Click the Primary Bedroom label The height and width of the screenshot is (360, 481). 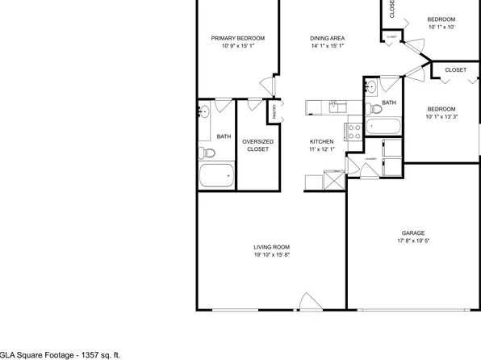point(238,38)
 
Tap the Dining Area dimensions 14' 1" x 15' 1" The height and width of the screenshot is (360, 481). point(328,46)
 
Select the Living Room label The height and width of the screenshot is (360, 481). point(271,247)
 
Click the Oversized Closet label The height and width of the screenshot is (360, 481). point(257,145)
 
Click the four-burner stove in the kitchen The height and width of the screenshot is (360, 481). point(353,128)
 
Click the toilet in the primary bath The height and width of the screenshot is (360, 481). point(205,152)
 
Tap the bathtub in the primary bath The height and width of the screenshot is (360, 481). point(217,175)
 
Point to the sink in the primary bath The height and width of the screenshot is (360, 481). point(204,111)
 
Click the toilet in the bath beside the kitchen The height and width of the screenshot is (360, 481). point(373,109)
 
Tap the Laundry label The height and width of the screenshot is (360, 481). point(370,159)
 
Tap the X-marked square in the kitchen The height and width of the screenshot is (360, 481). point(333,179)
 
